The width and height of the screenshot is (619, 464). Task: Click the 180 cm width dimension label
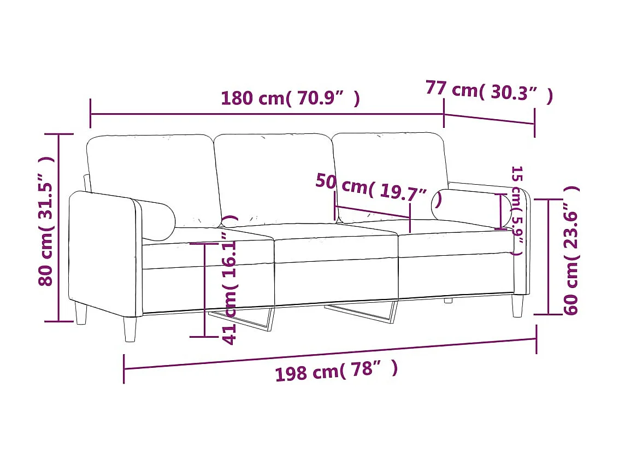click(290, 98)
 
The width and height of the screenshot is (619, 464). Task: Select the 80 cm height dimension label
click(46, 221)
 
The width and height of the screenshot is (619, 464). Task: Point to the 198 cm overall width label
click(336, 372)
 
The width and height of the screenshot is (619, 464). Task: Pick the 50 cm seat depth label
click(378, 189)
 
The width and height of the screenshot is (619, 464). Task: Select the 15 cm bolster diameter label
click(516, 210)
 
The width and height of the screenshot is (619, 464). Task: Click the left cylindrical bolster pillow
click(156, 220)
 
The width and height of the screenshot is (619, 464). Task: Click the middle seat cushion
click(336, 243)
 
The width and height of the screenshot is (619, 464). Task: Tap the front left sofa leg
click(130, 329)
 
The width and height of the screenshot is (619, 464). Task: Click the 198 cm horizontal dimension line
click(330, 354)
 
